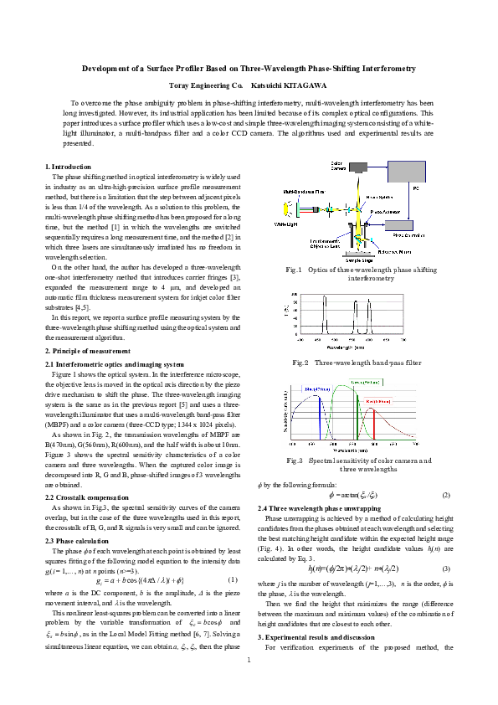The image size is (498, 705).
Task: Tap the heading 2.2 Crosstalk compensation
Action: [86, 497]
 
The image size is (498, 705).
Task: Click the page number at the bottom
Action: [249, 682]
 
